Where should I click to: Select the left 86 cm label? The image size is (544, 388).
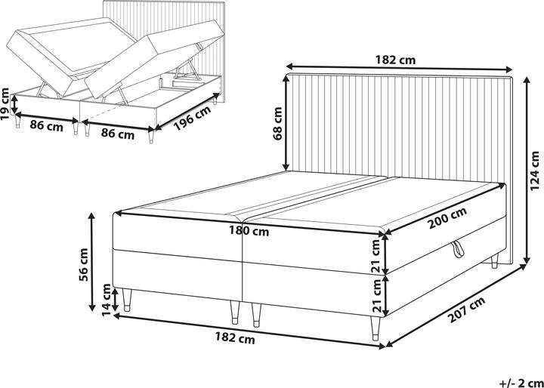[x=45, y=127]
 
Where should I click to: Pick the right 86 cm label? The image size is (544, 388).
[x=117, y=134]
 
